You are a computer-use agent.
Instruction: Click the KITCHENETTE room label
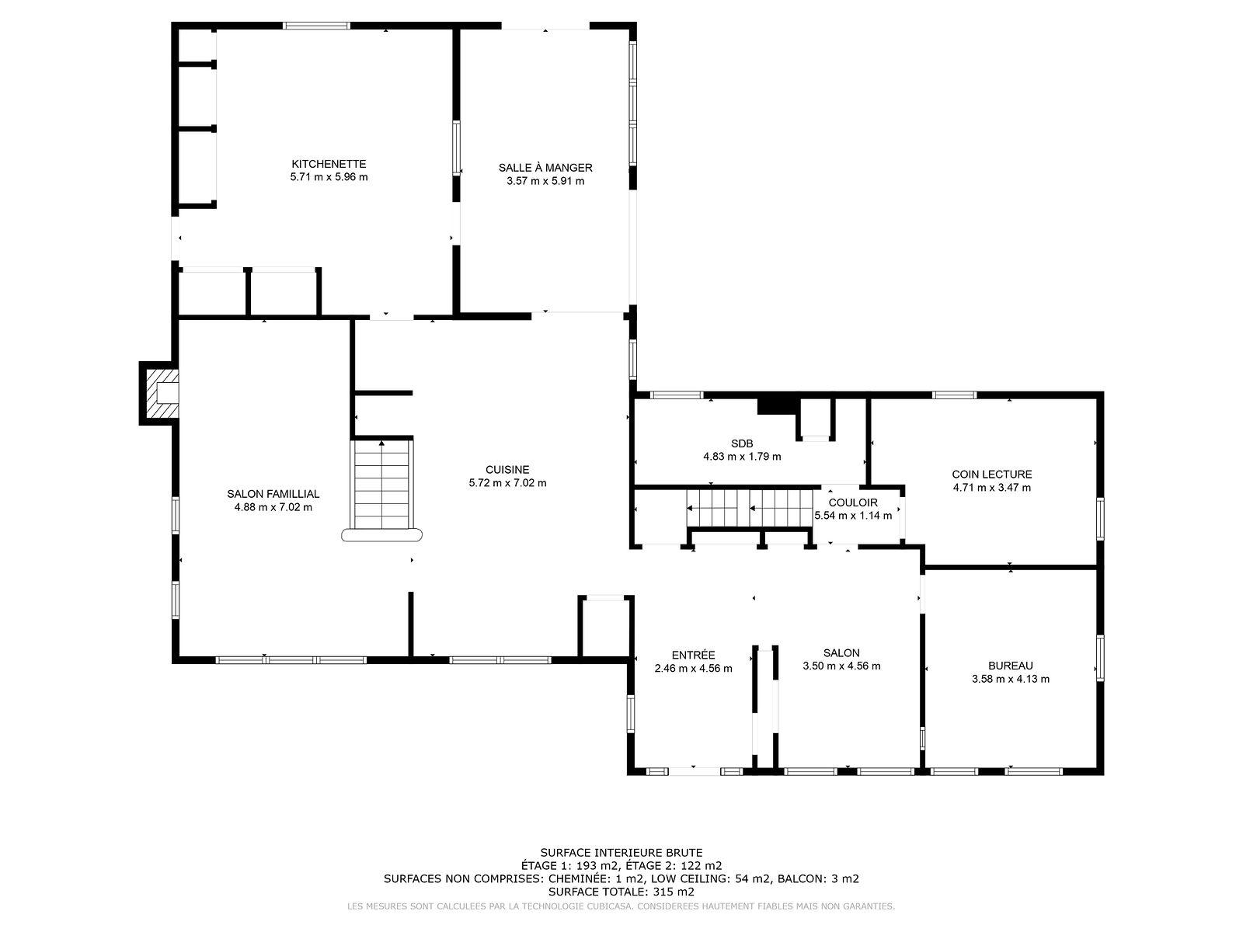pos(329,164)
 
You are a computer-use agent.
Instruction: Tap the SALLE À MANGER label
pos(545,168)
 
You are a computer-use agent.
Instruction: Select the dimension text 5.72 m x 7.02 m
pos(507,482)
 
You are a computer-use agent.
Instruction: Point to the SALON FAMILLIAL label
pos(273,494)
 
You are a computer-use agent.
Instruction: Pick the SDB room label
pos(742,443)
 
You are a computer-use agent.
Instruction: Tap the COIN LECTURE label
pos(991,475)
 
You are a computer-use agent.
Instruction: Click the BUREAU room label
pos(1010,666)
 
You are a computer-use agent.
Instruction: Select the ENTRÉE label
pos(693,655)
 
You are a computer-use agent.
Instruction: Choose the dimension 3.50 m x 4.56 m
pos(841,666)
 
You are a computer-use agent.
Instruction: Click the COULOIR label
pos(853,503)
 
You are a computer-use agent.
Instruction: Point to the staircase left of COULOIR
pos(749,508)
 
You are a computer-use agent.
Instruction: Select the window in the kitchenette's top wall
pos(316,26)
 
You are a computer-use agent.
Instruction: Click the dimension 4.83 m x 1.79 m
pos(742,457)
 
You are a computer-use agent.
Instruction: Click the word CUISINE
pos(507,470)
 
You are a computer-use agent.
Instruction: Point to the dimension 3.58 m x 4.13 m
pos(1010,679)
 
